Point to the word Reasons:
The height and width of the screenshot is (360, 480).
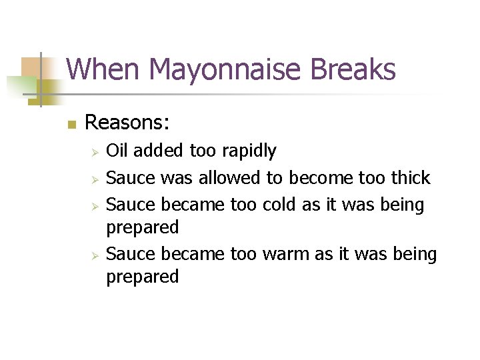[127, 123]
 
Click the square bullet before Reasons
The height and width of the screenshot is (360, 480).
[71, 124]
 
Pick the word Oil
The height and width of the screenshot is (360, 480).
[118, 151]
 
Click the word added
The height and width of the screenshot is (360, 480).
[160, 151]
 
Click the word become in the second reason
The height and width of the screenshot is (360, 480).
[319, 178]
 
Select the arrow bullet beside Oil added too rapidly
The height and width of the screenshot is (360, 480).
[95, 153]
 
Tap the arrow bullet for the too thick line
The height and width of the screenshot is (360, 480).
[95, 179]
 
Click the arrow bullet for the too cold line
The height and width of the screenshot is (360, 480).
[95, 206]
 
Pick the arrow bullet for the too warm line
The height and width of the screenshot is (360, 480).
[95, 255]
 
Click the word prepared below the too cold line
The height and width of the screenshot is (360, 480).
[143, 229]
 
